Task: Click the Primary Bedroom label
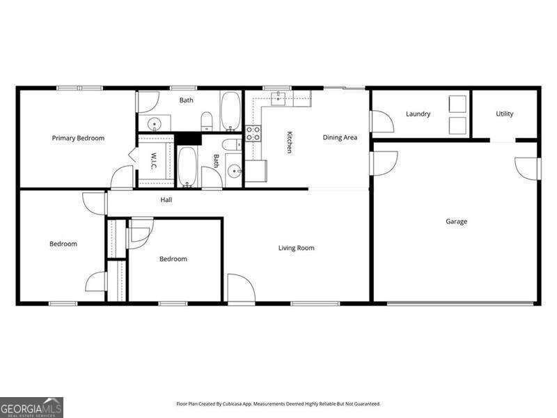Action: click(x=78, y=138)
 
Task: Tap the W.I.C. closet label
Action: click(x=153, y=161)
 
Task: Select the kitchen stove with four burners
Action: click(x=253, y=133)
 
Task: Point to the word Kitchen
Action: click(x=288, y=142)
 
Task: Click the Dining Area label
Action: click(x=340, y=137)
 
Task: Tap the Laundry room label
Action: click(x=418, y=114)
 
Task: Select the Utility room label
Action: click(x=505, y=114)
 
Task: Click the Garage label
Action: click(x=456, y=222)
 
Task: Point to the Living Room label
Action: click(x=297, y=248)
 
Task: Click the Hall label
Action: click(x=166, y=200)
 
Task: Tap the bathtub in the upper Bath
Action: click(x=231, y=111)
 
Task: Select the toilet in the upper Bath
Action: click(x=207, y=123)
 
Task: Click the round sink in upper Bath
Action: click(x=155, y=125)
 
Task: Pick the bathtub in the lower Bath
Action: click(x=187, y=167)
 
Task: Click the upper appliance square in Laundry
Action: click(x=457, y=104)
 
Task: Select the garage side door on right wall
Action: click(x=528, y=169)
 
